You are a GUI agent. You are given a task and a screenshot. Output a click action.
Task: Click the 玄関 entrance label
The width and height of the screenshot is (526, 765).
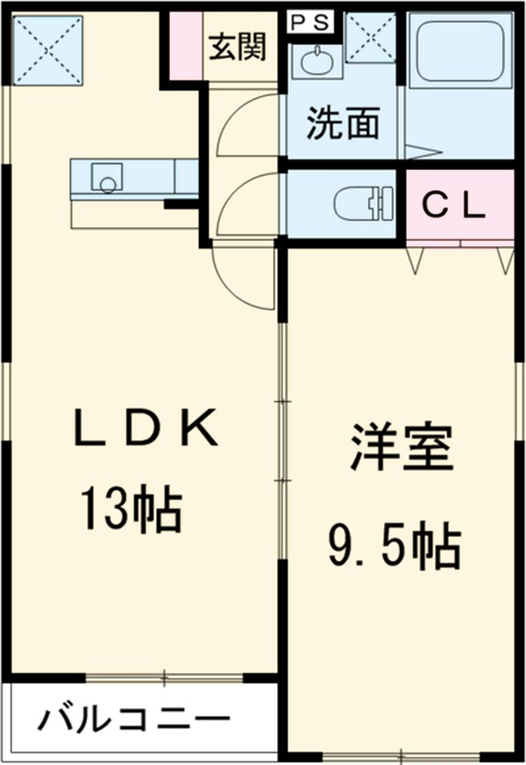pos(237,46)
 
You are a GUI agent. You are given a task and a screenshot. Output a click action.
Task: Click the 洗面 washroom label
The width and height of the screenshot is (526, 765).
pos(342,124)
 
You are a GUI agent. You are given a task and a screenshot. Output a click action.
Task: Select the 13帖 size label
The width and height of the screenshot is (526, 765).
pos(131,509)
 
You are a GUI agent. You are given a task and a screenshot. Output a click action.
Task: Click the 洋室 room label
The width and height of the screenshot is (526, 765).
pos(402,447)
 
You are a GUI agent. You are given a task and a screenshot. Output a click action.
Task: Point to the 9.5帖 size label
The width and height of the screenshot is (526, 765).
pos(395,548)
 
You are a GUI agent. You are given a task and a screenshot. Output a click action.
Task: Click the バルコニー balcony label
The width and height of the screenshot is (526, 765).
pos(133,720)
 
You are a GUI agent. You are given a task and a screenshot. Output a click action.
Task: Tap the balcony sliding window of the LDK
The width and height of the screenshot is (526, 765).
pos(164,676)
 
